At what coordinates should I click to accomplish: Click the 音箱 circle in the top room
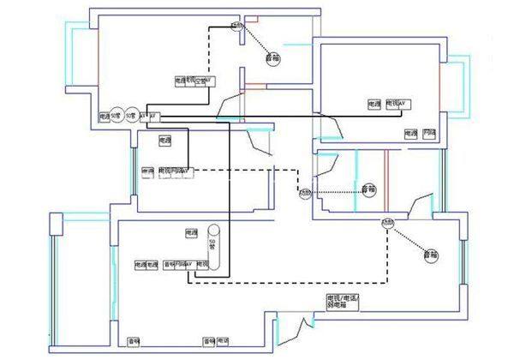(273, 58)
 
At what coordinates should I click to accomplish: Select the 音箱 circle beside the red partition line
(368, 189)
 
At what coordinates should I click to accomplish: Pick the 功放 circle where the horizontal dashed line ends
(304, 194)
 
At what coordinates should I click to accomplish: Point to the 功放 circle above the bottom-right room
(387, 223)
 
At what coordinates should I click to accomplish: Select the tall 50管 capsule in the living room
(212, 249)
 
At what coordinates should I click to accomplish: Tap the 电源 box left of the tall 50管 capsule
(190, 232)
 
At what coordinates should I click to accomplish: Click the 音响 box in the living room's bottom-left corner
(134, 340)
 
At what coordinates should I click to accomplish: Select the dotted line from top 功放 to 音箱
(254, 42)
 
